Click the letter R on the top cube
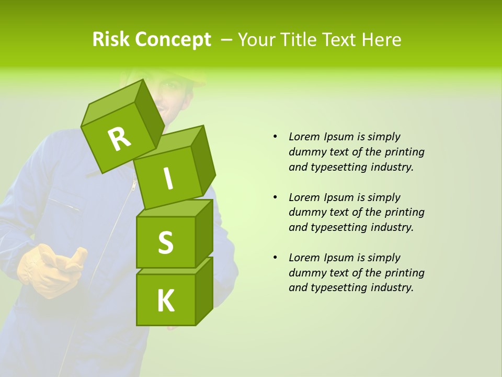coord(119,139)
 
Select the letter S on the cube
coord(165,242)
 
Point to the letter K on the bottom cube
coord(166,301)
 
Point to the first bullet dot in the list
coord(275,137)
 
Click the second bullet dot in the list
coord(275,197)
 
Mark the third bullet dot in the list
coord(275,258)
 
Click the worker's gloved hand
coord(50,270)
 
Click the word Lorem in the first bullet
coord(304,137)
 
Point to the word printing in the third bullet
coord(404,273)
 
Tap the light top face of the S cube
coord(173,208)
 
